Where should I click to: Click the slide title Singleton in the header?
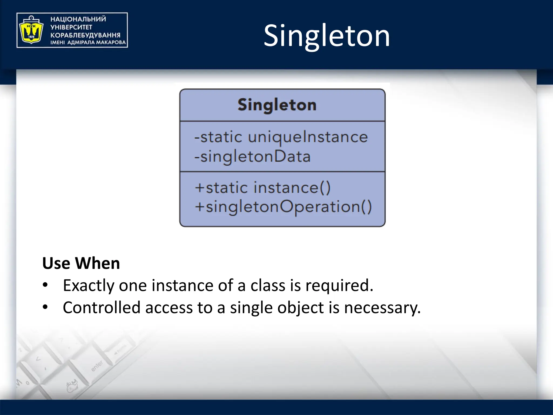pos(327,36)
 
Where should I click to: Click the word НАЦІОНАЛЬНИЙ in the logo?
pos(78,19)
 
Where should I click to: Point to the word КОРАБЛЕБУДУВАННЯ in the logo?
pos(85,35)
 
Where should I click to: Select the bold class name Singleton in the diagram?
pos(277,105)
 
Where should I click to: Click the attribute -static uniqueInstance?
pos(281,137)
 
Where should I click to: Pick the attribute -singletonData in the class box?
pos(252,157)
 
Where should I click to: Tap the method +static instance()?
pos(262,188)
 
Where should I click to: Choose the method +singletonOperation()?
pos(283,207)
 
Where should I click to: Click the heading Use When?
pos(81,263)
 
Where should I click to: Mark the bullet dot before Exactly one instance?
pos(45,285)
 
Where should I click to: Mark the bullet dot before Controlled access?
pos(45,307)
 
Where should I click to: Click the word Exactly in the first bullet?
pos(89,286)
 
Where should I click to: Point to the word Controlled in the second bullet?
pos(102,307)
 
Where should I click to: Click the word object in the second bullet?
pos(300,308)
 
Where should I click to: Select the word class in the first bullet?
pos(268,285)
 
